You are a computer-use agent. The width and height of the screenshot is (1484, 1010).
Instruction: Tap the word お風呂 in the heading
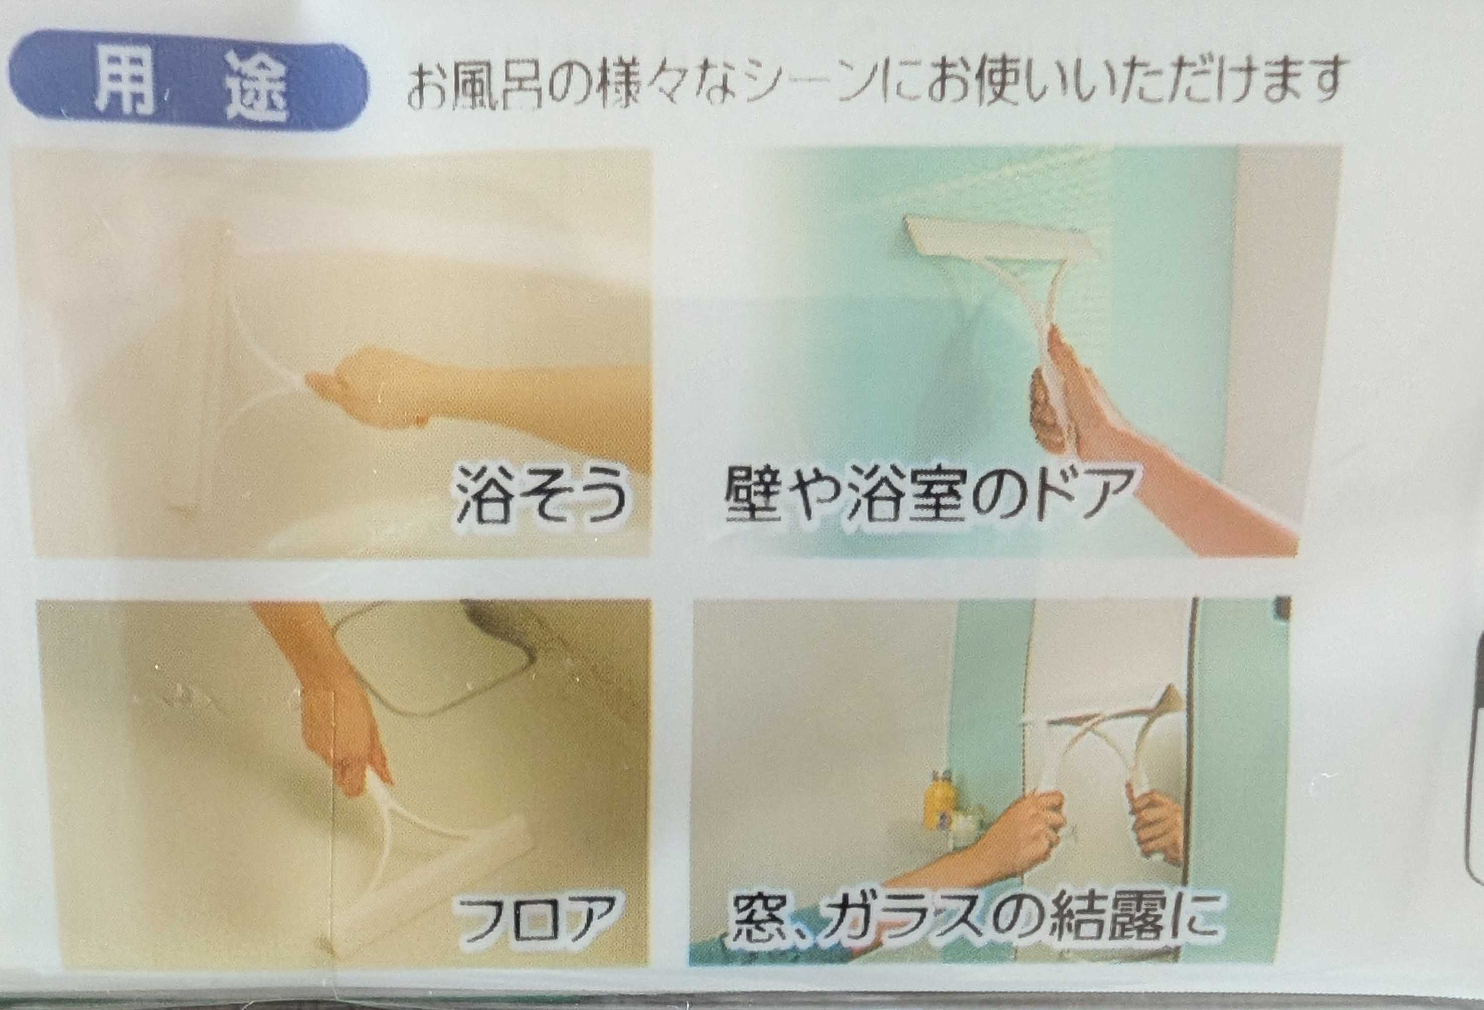coord(474,84)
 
